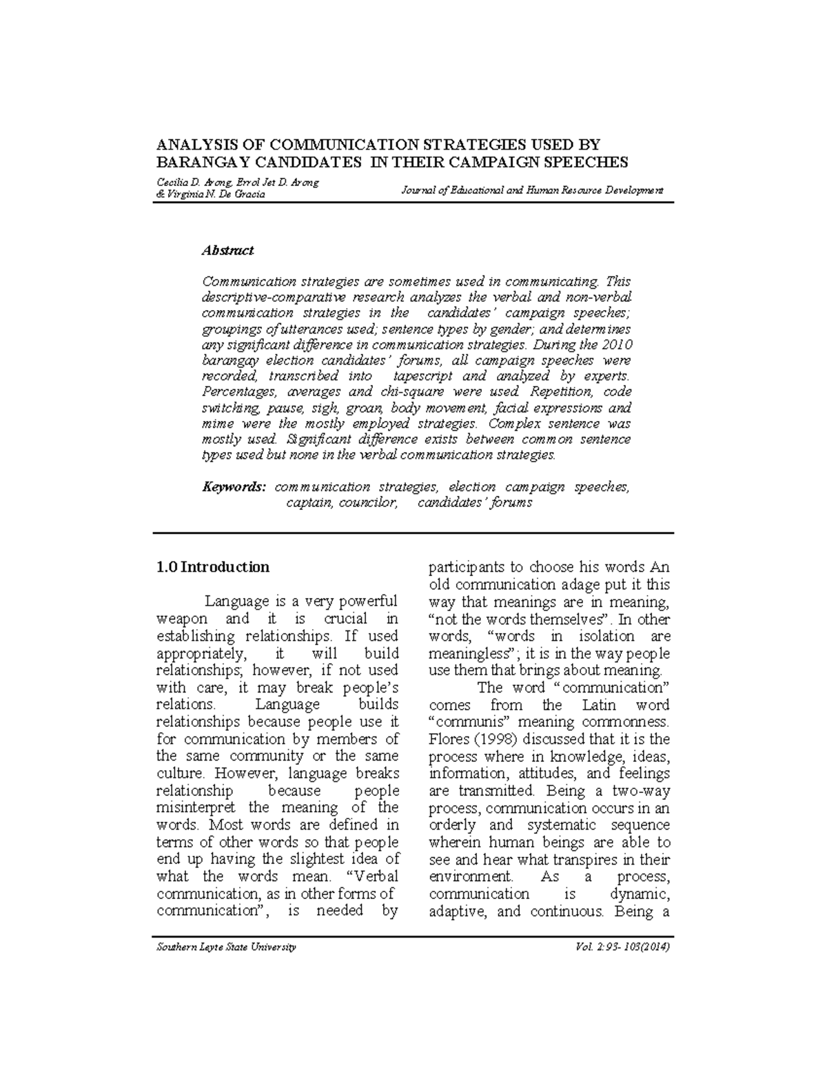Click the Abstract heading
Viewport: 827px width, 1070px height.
[x=227, y=251]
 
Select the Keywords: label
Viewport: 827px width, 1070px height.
[x=233, y=487]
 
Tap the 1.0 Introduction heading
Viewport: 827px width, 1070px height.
[x=213, y=567]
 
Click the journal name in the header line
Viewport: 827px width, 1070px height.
[x=531, y=189]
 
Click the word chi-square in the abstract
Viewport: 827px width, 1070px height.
[x=409, y=392]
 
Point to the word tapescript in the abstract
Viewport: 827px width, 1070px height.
[x=422, y=376]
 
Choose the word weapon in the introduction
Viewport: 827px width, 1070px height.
[x=182, y=619]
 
